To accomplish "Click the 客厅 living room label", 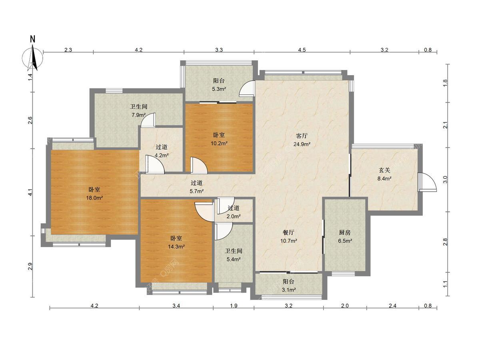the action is pos(302,136).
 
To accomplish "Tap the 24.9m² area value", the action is pos(302,144).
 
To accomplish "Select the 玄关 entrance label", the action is pos(384,170).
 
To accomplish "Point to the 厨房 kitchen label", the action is pos(345,232).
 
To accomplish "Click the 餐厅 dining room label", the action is pos(288,232).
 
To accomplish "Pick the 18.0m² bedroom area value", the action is pos(94,198).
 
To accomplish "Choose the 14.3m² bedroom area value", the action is pos(176,246).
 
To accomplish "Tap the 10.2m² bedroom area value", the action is pos(219,143).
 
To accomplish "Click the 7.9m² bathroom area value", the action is pos(139,115).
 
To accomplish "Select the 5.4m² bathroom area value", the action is pos(234,259).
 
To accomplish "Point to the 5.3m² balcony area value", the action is pos(219,89).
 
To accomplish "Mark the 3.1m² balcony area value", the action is pos(289,290).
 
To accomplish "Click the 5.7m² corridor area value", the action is pos(196,191).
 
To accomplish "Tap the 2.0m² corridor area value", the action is pos(234,216).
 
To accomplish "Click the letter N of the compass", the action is pos(32,39).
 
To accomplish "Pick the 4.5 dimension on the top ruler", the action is pos(302,50).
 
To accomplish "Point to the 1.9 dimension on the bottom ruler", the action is pos(234,306).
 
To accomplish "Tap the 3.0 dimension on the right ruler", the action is pos(445,180).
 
